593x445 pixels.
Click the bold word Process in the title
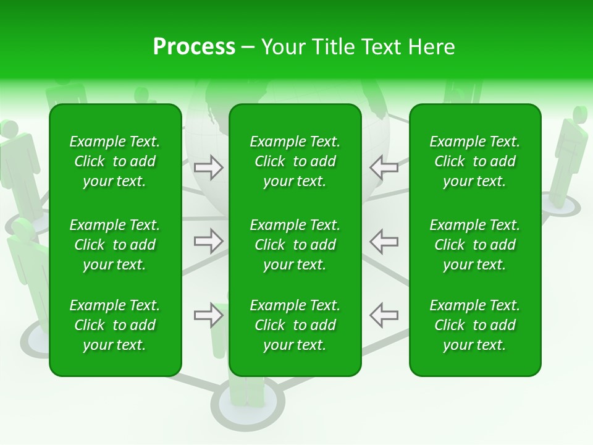pyautogui.click(x=194, y=47)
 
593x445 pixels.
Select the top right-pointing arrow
pyautogui.click(x=208, y=167)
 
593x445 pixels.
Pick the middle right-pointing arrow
pyautogui.click(x=208, y=241)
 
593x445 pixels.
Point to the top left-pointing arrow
pyautogui.click(x=384, y=167)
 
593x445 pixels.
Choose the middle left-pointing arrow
pyautogui.click(x=384, y=241)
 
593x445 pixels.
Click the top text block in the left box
pyautogui.click(x=115, y=161)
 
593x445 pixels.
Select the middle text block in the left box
pyautogui.click(x=115, y=245)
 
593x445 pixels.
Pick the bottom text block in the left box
pyautogui.click(x=115, y=325)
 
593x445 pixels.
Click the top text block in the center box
pyautogui.click(x=295, y=161)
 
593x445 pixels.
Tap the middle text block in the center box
pyautogui.click(x=295, y=245)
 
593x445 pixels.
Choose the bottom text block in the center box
pyautogui.click(x=295, y=325)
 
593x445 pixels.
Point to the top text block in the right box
pyautogui.click(x=474, y=161)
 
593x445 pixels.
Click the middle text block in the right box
pyautogui.click(x=474, y=245)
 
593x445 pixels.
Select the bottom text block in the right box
pyautogui.click(x=474, y=325)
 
